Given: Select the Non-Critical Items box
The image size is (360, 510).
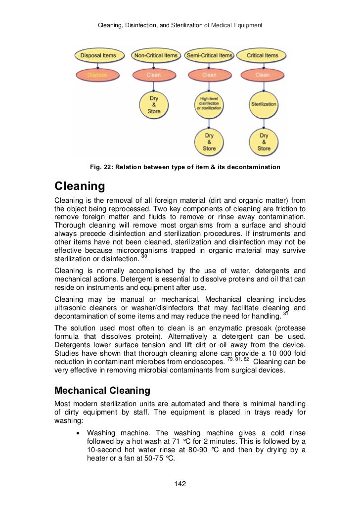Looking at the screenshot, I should tap(154, 55).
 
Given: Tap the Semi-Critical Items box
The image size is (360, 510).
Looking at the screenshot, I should tap(209, 55).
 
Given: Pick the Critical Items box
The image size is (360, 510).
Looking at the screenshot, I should tap(264, 55).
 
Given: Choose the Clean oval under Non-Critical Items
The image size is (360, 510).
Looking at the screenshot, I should tap(154, 75).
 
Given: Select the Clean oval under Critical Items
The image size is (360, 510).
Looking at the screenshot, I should tap(264, 75).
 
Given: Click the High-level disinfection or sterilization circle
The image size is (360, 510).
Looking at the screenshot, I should tap(209, 104).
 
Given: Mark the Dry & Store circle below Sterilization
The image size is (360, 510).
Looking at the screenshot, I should tap(264, 141).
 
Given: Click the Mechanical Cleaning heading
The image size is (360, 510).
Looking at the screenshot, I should tap(102, 391).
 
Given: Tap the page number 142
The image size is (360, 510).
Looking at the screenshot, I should tap(180, 484).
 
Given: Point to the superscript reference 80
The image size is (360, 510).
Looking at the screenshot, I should tap(144, 256).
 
